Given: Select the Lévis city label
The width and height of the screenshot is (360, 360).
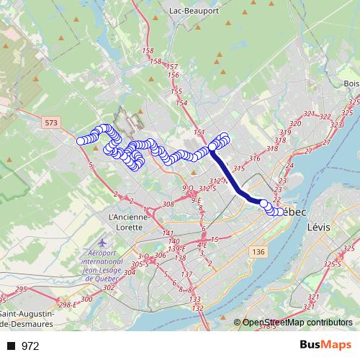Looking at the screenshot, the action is pyautogui.click(x=318, y=226).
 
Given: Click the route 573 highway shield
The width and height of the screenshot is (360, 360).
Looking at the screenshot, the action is pyautogui.click(x=50, y=123).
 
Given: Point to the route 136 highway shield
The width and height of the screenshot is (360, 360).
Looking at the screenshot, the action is pyautogui.click(x=259, y=251).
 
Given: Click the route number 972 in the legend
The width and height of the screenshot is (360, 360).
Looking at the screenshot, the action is pyautogui.click(x=30, y=346).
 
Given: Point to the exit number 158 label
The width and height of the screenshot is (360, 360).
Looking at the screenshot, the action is pyautogui.click(x=148, y=50).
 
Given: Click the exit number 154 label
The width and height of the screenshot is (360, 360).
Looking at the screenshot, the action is pyautogui.click(x=181, y=103).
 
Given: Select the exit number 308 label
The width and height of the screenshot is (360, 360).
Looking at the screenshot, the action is pyautogui.click(x=168, y=204).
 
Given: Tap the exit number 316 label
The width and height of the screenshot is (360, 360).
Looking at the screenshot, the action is pyautogui.click(x=253, y=158).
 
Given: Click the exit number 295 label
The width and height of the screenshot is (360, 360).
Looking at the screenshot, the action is pyautogui.click(x=20, y=289).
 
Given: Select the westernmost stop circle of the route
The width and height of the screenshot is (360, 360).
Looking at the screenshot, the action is pyautogui.click(x=81, y=141).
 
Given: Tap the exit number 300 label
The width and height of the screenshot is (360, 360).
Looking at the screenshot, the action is pyautogui.click(x=87, y=298).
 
